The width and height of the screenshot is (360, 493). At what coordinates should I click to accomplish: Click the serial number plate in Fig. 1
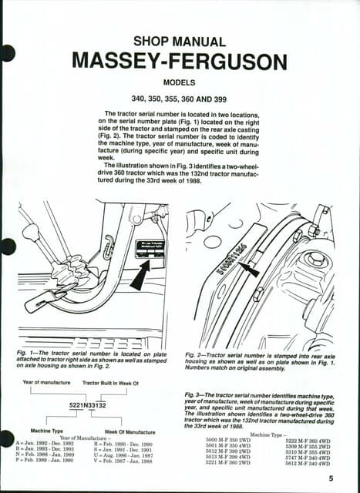pyautogui.click(x=151, y=249)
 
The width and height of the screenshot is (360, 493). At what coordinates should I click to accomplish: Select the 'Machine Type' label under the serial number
pyautogui.click(x=46, y=431)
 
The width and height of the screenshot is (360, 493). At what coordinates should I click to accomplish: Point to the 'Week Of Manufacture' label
pyautogui.click(x=130, y=431)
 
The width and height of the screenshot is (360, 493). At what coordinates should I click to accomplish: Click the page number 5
pyautogui.click(x=329, y=478)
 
